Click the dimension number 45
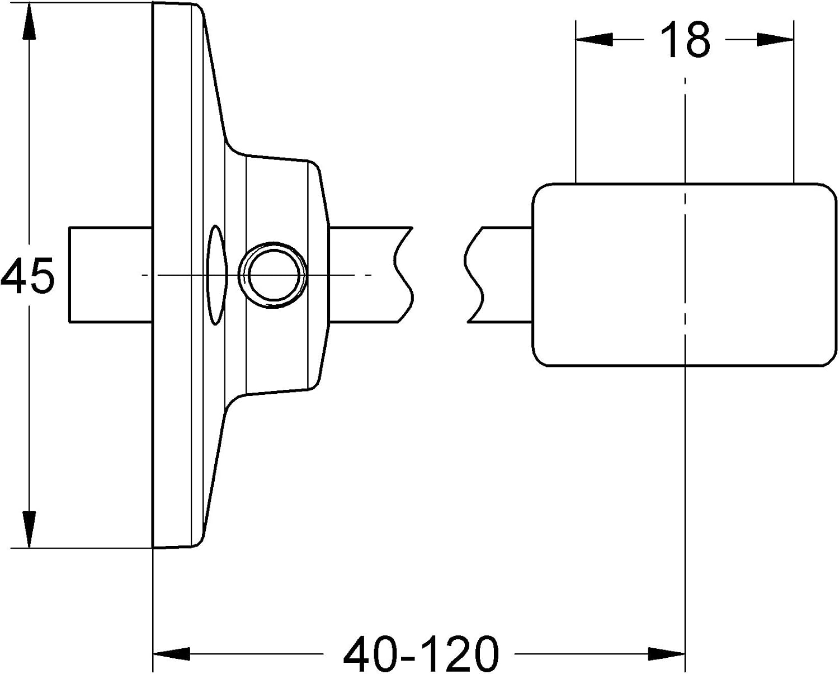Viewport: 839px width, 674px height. [x=27, y=275]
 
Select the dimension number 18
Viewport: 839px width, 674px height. [x=685, y=40]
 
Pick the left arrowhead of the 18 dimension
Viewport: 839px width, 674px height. [x=594, y=40]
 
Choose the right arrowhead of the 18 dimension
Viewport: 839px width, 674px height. [x=775, y=40]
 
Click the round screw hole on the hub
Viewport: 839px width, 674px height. [x=272, y=275]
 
